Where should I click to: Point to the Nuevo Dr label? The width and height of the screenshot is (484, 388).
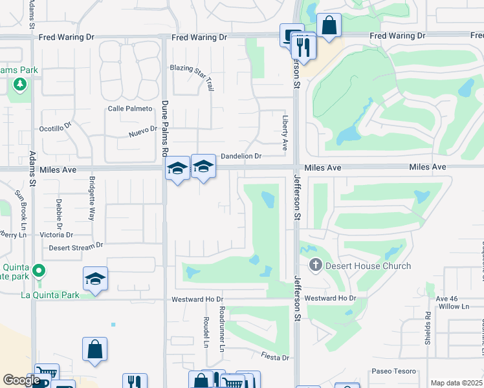click(143, 132)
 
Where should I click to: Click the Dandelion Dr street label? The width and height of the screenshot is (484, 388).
click(241, 156)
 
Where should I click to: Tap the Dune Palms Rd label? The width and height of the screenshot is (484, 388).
click(164, 129)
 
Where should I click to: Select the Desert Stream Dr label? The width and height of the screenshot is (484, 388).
click(76, 246)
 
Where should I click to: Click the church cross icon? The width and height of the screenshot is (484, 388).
click(316, 264)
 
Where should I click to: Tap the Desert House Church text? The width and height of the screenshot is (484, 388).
click(369, 266)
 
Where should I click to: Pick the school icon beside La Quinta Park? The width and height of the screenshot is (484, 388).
click(95, 279)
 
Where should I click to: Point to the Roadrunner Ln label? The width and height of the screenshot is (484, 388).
click(222, 329)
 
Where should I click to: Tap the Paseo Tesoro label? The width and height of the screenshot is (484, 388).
click(393, 372)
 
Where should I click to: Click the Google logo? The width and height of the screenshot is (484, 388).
click(21, 380)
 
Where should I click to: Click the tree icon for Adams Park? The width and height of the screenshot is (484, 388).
click(20, 84)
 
